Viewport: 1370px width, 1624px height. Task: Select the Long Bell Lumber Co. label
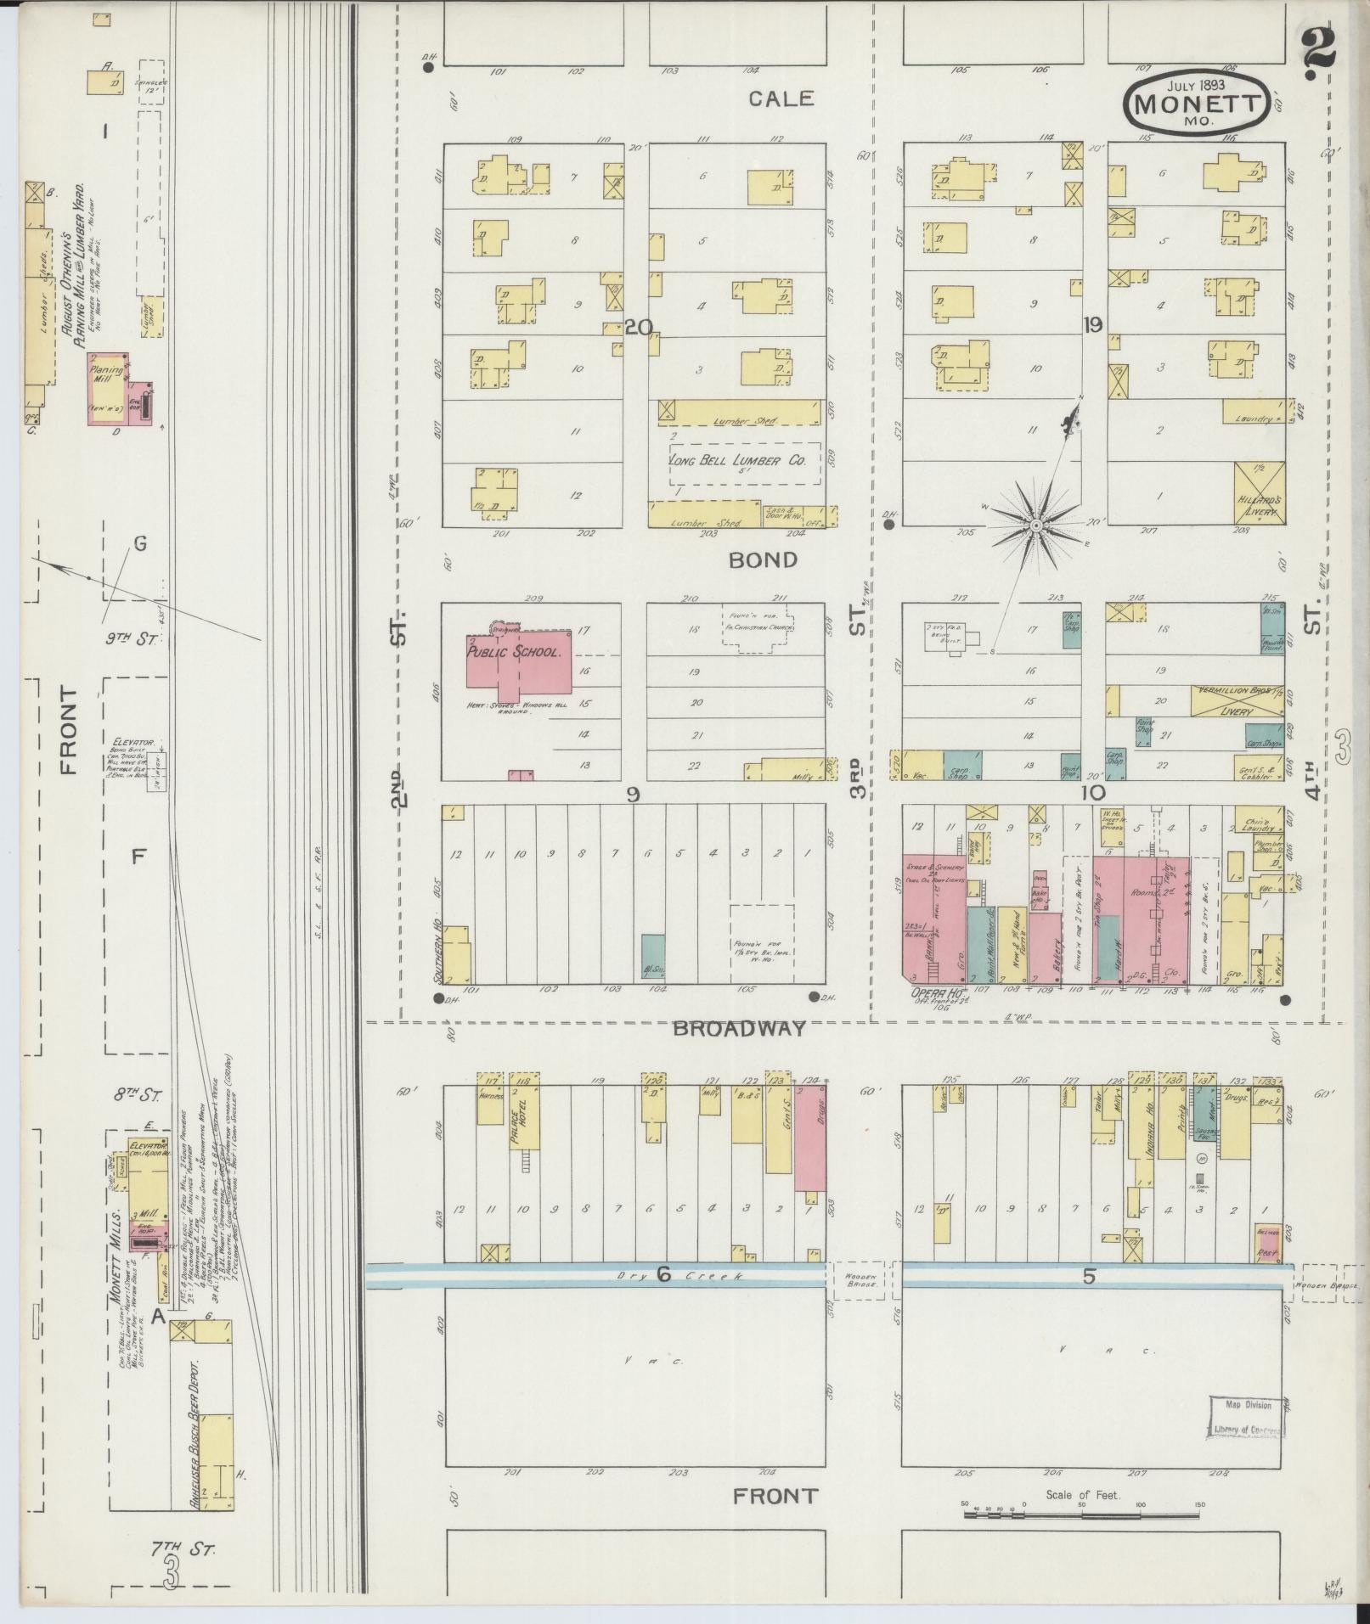pos(736,461)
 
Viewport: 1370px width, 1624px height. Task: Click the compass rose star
pos(1035,527)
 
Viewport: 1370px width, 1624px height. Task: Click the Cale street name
pos(781,98)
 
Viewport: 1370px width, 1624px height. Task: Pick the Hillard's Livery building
pos(1259,493)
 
